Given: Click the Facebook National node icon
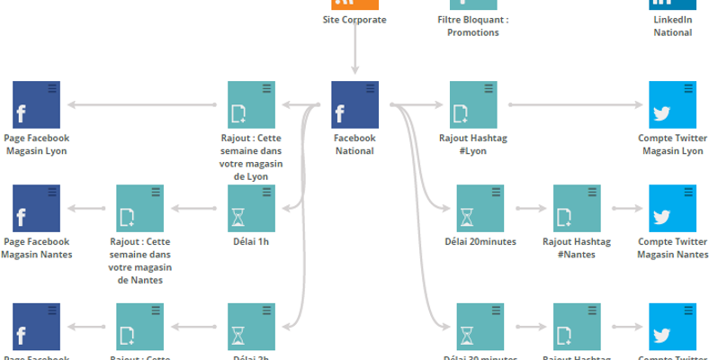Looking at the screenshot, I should (354, 104).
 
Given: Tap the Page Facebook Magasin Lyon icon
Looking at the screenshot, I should (36, 104).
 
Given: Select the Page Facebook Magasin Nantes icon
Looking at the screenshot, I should (36, 208).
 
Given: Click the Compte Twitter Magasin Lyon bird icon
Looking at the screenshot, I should (671, 104).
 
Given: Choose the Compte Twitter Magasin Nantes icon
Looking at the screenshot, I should (671, 208).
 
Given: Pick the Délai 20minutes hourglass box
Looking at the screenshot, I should (480, 208).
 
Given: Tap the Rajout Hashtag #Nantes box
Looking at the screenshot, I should (577, 208).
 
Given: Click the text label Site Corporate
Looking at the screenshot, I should (354, 20).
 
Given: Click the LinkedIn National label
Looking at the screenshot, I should (673, 26).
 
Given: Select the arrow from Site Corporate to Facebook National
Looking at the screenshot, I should (354, 54).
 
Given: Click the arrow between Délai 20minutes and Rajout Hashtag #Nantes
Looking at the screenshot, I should (528, 208).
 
